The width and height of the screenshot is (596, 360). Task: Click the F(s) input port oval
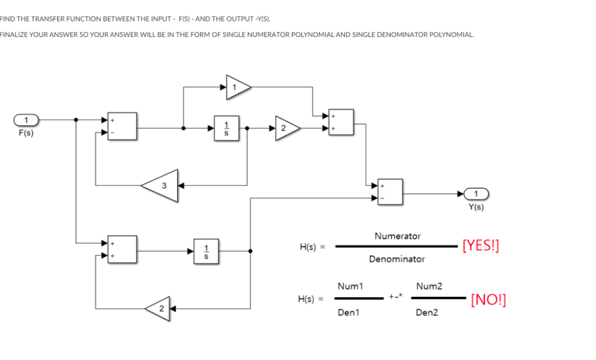point(25,119)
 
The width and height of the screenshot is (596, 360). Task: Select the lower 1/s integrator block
point(206,251)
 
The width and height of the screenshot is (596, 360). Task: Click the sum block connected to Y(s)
point(390,193)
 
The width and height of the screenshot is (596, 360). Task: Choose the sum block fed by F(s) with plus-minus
point(122,128)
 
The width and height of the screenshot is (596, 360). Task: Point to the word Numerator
point(397,236)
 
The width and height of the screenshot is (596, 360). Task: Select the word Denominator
point(397,259)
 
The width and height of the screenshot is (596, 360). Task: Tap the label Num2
point(429,286)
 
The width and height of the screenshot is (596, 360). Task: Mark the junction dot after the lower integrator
point(250,251)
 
